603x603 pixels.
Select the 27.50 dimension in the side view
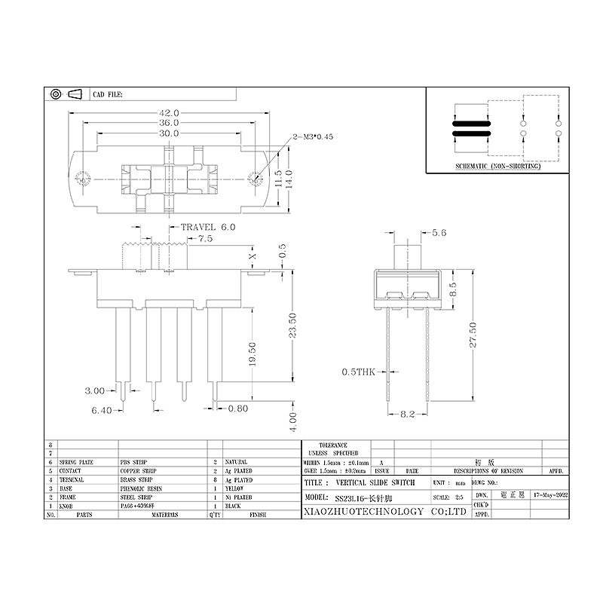click(x=473, y=334)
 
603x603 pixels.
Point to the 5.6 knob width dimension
click(x=438, y=233)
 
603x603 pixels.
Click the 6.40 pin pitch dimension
click(x=103, y=410)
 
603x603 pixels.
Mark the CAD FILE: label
click(x=107, y=96)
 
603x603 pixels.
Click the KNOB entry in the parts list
click(x=66, y=507)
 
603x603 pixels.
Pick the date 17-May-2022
click(x=550, y=495)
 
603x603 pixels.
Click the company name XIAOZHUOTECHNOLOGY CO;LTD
click(x=384, y=512)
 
